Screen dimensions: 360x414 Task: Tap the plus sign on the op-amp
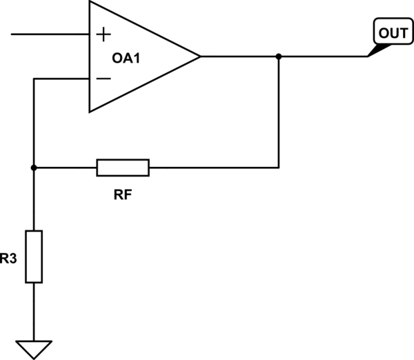tap(103, 34)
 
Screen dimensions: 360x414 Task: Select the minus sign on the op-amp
tap(103, 79)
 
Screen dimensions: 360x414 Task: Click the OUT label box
tap(390, 32)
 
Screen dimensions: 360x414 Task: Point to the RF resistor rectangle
tap(122, 167)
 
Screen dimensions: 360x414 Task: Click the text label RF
tap(123, 195)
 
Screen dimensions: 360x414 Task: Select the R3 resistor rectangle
tap(34, 257)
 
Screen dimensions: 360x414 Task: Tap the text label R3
tap(8, 259)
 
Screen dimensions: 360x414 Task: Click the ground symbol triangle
tap(34, 349)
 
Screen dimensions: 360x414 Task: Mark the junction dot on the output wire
tap(278, 56)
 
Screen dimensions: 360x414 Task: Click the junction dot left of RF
tap(34, 167)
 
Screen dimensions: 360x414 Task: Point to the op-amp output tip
tap(199, 56)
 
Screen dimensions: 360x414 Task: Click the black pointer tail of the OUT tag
tap(377, 50)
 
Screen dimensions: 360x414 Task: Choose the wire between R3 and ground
tap(34, 310)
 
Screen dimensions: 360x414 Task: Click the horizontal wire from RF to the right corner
tap(214, 167)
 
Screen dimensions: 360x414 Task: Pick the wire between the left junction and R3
tap(34, 200)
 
